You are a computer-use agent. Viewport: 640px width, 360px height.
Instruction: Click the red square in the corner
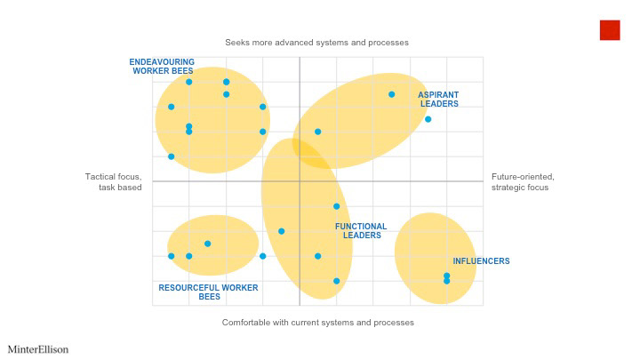tap(610, 30)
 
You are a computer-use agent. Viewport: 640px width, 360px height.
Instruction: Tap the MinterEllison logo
tap(38, 349)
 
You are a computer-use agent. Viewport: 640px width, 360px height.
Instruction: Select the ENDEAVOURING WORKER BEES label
tap(162, 67)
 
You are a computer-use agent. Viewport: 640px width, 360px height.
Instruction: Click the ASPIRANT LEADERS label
tap(439, 100)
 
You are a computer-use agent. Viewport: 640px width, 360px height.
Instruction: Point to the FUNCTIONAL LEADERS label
tap(361, 230)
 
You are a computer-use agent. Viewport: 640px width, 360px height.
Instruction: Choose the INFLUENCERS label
tap(481, 261)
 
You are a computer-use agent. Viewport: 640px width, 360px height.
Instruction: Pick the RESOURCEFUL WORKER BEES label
tap(209, 292)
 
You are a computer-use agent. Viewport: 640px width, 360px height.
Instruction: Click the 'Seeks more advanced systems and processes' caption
tap(316, 43)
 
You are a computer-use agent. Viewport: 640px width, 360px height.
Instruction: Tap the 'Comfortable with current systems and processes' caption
tap(318, 323)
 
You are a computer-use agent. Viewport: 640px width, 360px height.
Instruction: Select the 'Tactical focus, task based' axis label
tap(114, 182)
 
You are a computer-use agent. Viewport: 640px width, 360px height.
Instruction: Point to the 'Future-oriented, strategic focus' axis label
tap(523, 182)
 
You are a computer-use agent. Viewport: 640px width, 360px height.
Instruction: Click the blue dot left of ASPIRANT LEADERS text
tap(391, 94)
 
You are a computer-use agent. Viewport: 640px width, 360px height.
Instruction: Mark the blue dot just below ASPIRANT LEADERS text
tap(428, 119)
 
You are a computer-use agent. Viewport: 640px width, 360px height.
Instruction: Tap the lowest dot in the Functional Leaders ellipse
tap(336, 281)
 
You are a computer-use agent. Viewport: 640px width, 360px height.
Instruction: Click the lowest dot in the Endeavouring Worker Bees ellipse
tap(171, 156)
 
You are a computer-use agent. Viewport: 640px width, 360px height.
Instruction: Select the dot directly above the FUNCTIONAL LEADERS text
tap(336, 206)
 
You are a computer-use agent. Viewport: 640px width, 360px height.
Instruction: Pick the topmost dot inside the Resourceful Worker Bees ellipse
tap(207, 244)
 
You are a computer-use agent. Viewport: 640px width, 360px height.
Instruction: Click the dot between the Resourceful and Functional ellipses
tap(262, 256)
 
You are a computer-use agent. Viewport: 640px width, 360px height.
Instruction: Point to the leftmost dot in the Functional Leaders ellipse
tap(281, 231)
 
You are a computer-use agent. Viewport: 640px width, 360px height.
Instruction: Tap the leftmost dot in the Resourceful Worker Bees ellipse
tap(171, 256)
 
